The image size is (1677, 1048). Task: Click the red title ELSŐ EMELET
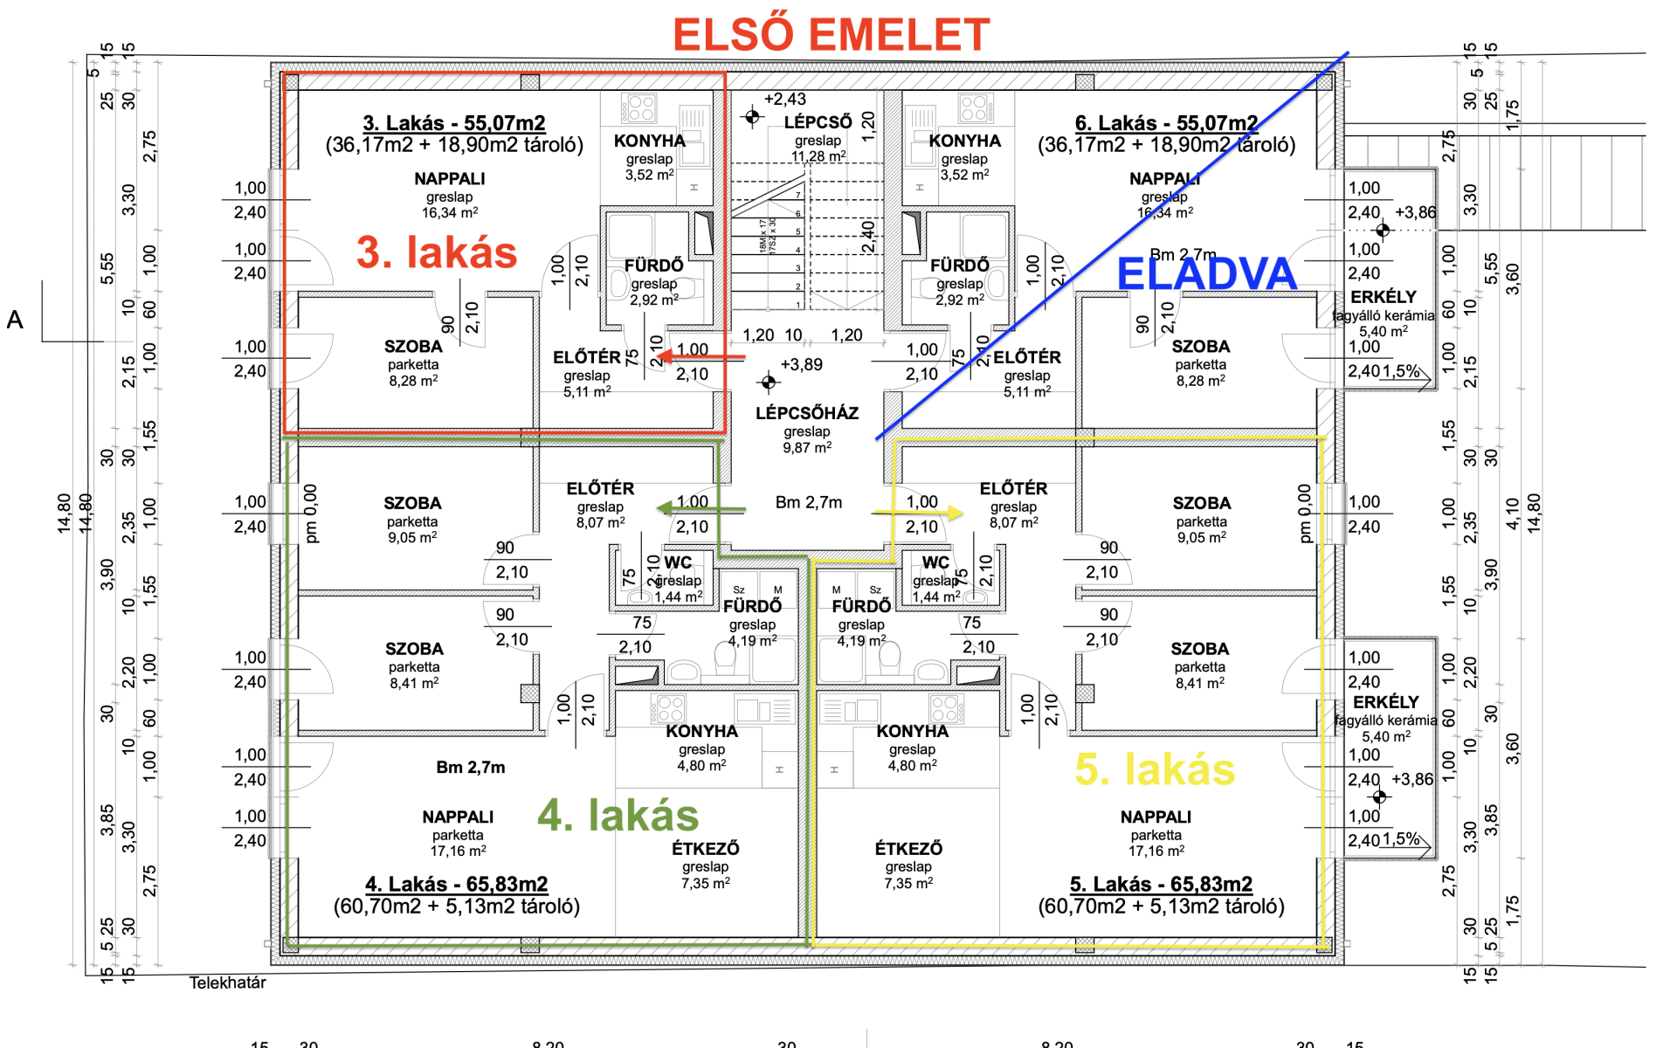831,36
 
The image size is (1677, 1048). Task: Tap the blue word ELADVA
1206,274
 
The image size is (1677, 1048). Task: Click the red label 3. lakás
437,252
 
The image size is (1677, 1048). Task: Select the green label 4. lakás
618,815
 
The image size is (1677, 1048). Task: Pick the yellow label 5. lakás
1155,769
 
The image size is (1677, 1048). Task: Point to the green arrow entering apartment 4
700,509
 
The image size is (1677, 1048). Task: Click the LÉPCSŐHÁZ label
807,413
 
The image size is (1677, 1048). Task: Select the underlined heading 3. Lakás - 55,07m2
454,123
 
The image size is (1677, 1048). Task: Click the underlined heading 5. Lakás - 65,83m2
1161,884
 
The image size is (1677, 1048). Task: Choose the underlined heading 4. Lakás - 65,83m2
456,884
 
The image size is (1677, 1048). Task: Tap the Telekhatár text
227,982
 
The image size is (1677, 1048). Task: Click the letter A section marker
15,320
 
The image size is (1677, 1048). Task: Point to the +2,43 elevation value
784,100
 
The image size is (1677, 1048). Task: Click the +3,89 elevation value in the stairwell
801,364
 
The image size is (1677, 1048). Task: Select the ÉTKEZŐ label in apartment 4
705,848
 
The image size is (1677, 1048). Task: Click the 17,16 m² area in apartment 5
1156,851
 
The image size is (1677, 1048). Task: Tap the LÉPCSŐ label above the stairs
818,123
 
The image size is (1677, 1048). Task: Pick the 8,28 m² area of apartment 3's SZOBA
413,381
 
